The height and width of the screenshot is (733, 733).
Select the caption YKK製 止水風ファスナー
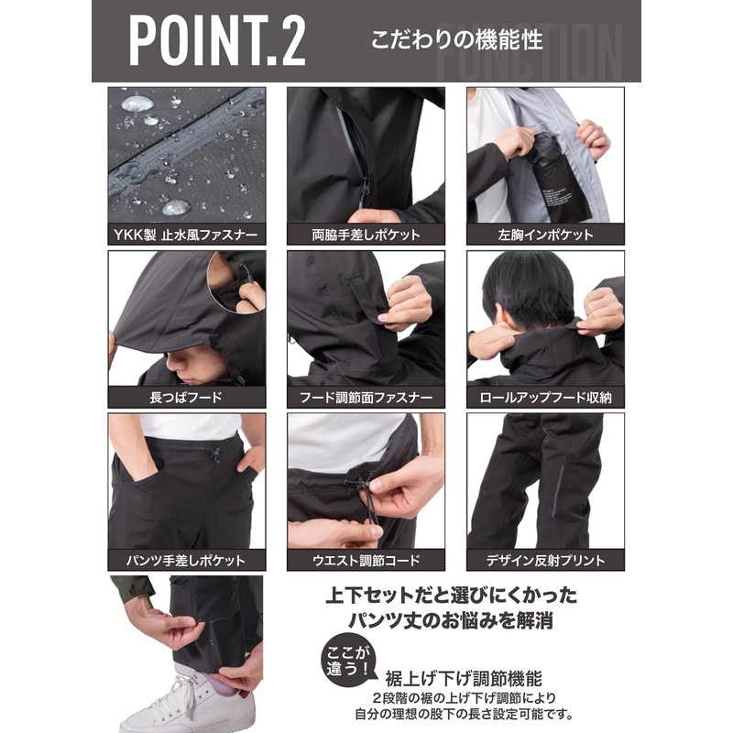tap(187, 235)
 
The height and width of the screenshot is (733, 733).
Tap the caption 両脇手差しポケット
tap(366, 235)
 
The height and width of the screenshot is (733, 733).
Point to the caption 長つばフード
tap(187, 398)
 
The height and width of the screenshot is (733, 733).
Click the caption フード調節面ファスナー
tap(366, 398)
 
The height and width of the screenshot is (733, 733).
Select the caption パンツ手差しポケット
tap(187, 560)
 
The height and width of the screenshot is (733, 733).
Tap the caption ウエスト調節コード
tap(366, 560)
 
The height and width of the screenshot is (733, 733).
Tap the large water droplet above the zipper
tap(137, 104)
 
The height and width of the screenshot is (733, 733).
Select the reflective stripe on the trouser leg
tap(559, 490)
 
